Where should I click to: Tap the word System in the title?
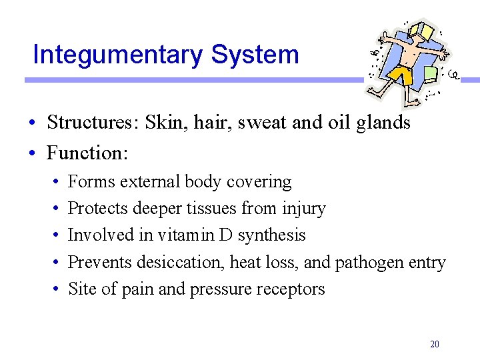(x=255, y=55)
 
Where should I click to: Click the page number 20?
(x=435, y=344)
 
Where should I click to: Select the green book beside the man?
(x=431, y=71)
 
